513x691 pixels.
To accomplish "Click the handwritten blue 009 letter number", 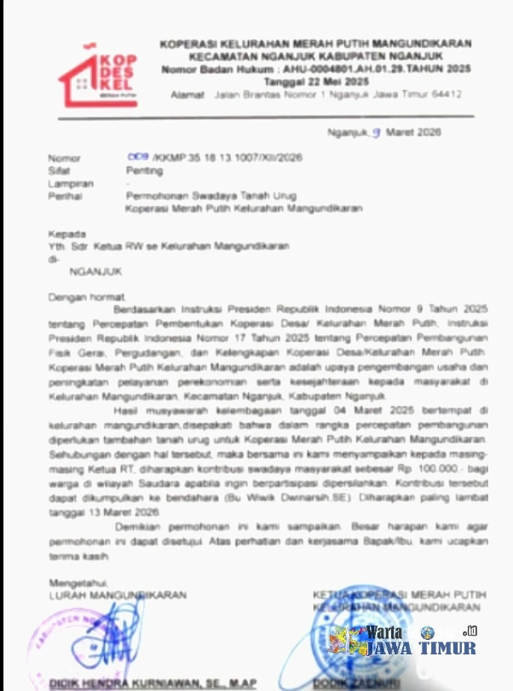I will (x=138, y=157).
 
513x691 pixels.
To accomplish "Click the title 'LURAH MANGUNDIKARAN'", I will (x=117, y=595).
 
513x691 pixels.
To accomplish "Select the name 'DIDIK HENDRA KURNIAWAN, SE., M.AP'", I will (x=152, y=683).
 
